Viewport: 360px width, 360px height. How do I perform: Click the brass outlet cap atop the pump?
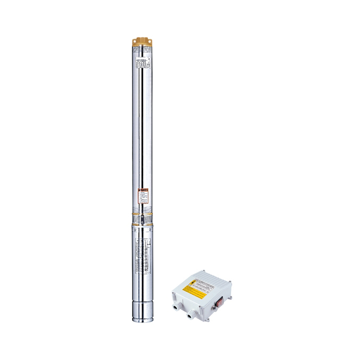point(141,41)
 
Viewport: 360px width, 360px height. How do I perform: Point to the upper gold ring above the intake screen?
point(141,214)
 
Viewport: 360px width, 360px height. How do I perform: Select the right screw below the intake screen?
point(150,229)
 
